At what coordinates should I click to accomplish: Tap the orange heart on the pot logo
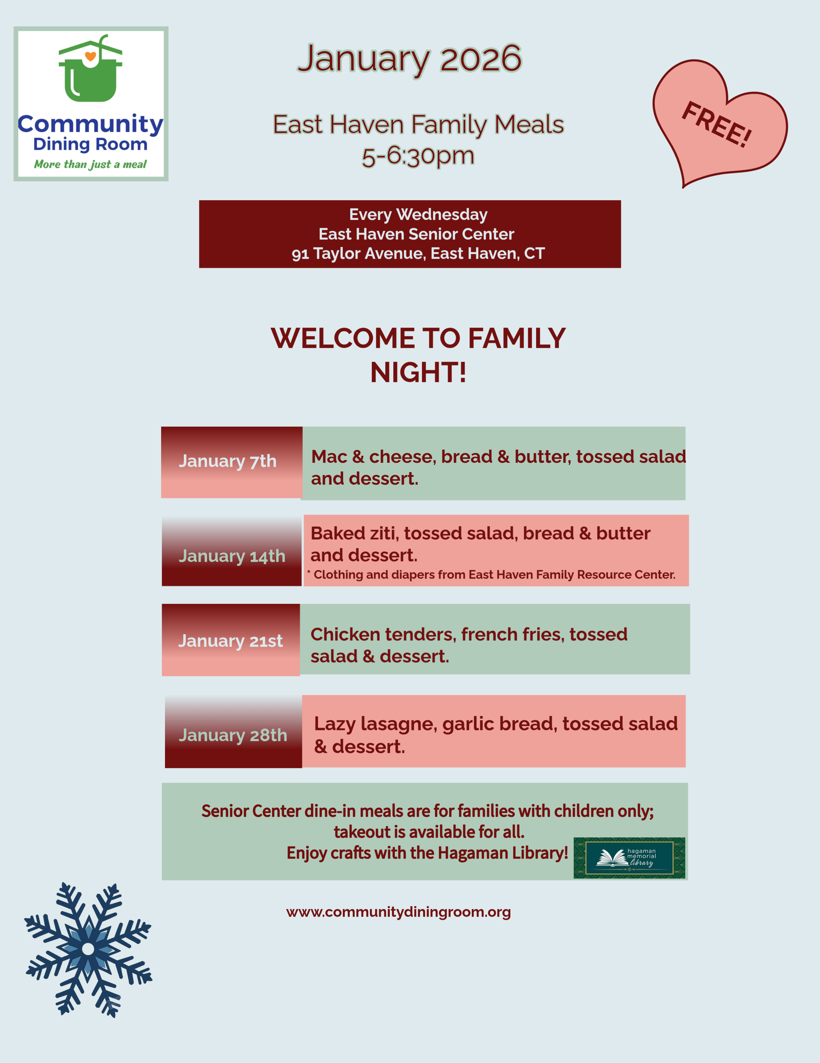coord(90,56)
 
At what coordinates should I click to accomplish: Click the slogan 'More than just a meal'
coord(90,164)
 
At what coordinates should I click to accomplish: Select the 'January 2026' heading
coord(409,58)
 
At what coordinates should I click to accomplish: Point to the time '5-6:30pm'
coord(418,156)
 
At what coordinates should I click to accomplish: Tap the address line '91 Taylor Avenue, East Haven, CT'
coord(418,254)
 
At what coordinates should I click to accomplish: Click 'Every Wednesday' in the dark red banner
coord(418,215)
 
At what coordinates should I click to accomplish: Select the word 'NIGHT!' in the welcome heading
coord(418,373)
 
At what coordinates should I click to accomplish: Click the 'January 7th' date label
coord(228,461)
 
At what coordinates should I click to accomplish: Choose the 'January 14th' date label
coord(232,556)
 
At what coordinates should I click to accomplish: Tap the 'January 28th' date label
coord(233,735)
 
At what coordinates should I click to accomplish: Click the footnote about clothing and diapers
coord(491,575)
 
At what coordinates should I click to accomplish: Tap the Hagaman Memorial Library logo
coord(629,858)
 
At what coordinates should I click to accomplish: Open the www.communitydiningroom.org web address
coord(398,912)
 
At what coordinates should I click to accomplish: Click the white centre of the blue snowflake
coord(88,949)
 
